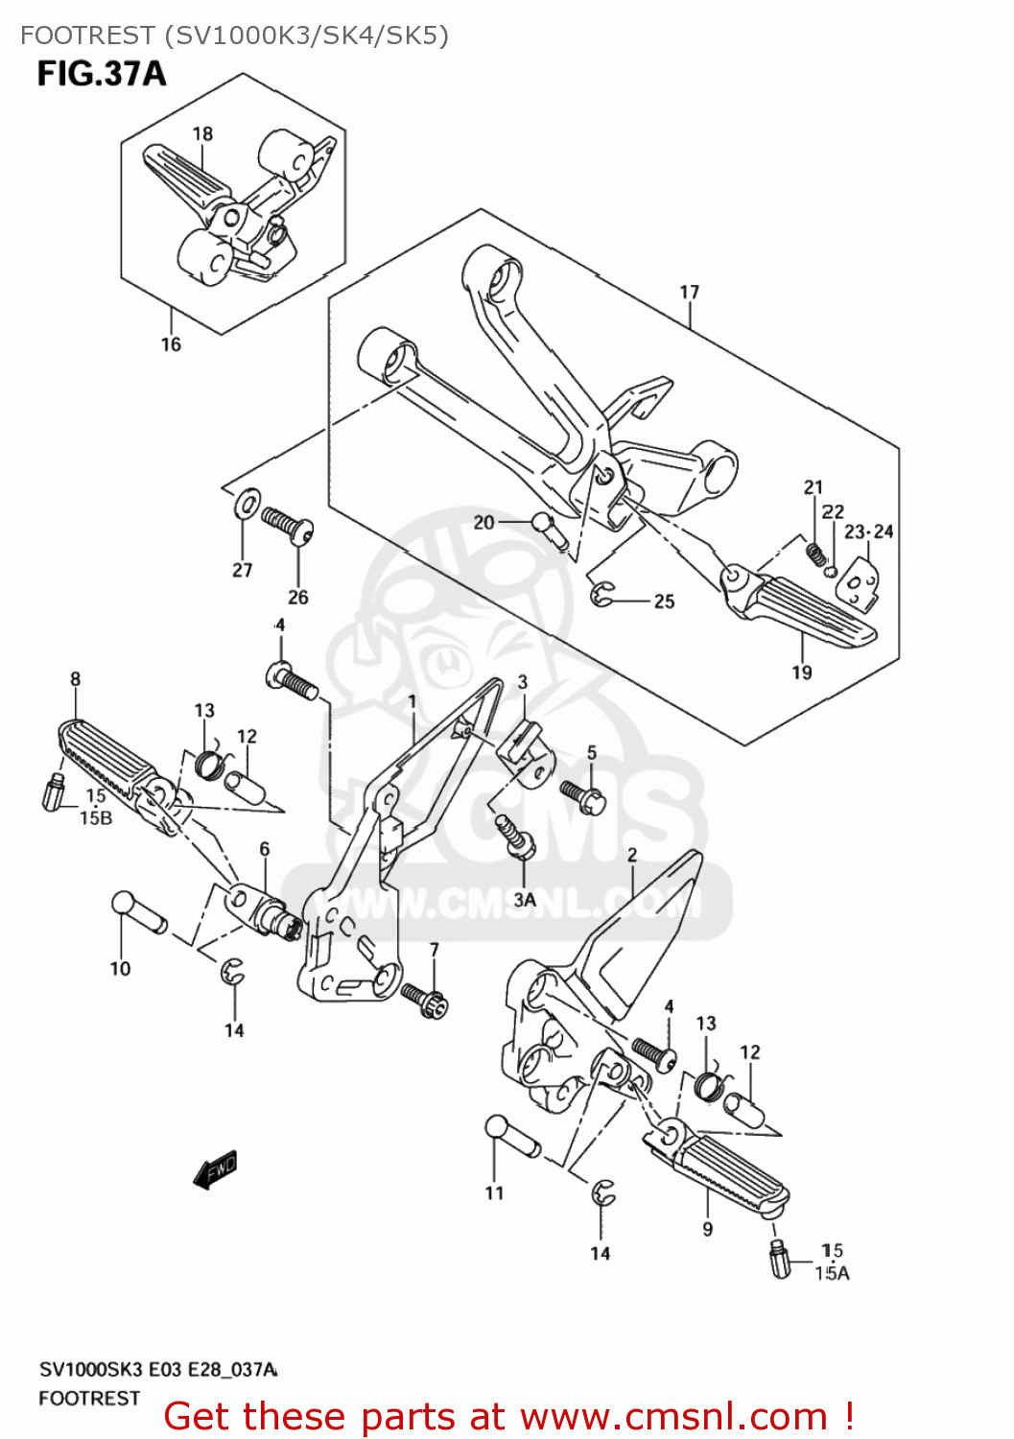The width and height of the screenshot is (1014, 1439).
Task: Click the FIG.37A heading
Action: pyautogui.click(x=101, y=74)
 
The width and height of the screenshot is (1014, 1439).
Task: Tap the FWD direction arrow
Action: pyautogui.click(x=215, y=1169)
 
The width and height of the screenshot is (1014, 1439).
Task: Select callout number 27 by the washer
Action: pyautogui.click(x=243, y=570)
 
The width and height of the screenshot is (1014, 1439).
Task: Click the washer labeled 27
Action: pyautogui.click(x=248, y=503)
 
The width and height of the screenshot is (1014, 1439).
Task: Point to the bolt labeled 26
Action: pyautogui.click(x=288, y=525)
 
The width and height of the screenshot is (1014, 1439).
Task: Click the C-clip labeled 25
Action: pyautogui.click(x=602, y=595)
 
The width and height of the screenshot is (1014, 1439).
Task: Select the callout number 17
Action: pyautogui.click(x=689, y=292)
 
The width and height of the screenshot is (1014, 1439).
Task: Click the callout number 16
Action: pyautogui.click(x=171, y=344)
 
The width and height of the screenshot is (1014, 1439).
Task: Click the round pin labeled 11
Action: pyautogui.click(x=512, y=1137)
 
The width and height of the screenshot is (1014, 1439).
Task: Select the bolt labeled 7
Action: pyautogui.click(x=424, y=998)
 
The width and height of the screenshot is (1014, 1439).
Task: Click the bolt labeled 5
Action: pyautogui.click(x=582, y=794)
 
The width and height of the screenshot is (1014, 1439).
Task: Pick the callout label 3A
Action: pyautogui.click(x=525, y=900)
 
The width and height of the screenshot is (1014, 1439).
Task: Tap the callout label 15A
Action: pyautogui.click(x=832, y=1273)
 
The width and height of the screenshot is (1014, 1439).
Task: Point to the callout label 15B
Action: pyautogui.click(x=95, y=817)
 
